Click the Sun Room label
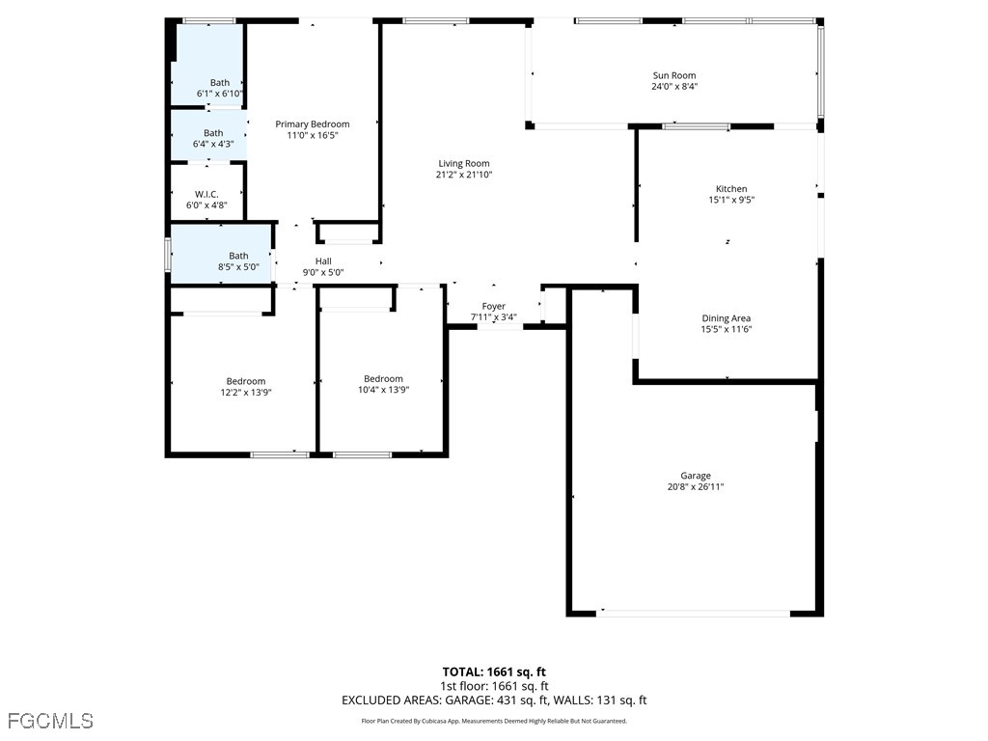673,75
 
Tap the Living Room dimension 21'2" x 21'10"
464,175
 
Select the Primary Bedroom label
312,123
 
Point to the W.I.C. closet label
206,194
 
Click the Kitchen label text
730,189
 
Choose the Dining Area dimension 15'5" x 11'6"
726,329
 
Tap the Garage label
696,476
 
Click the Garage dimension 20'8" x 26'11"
696,487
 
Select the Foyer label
493,306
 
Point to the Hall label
323,261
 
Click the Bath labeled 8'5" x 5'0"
238,256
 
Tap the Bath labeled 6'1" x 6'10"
220,82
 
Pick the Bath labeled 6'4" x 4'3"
213,133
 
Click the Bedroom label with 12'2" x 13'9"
246,381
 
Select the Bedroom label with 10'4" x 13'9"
383,378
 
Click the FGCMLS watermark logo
50,721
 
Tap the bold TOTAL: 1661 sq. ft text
494,672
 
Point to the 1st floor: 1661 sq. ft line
494,686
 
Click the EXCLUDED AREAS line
494,700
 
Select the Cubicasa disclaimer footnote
494,721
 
